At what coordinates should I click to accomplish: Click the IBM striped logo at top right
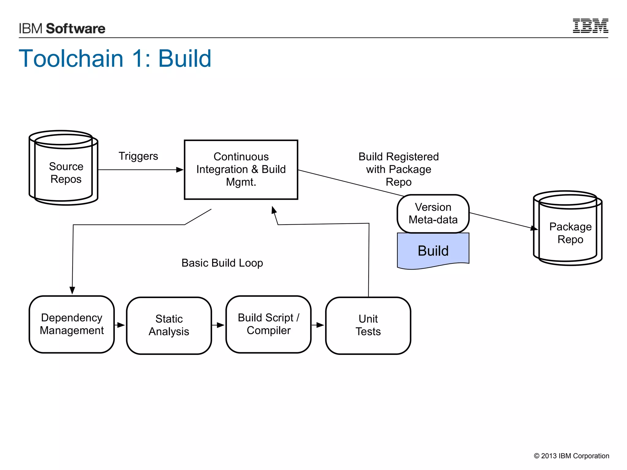590,26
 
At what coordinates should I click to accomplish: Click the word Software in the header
76,28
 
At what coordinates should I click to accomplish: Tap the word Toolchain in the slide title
71,58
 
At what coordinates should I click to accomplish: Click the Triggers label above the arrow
138,156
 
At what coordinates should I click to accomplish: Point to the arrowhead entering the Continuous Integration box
180,170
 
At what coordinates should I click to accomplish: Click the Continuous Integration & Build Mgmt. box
241,170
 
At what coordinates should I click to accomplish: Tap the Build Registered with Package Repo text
398,169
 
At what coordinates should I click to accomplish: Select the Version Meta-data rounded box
433,213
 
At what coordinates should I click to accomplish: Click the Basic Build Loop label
222,263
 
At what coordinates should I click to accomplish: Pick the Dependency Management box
72,324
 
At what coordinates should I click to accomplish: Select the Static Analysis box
169,325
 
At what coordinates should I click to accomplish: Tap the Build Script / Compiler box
268,324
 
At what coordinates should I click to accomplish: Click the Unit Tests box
368,325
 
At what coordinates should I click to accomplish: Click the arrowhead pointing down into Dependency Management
72,290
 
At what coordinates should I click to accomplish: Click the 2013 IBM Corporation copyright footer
571,456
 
